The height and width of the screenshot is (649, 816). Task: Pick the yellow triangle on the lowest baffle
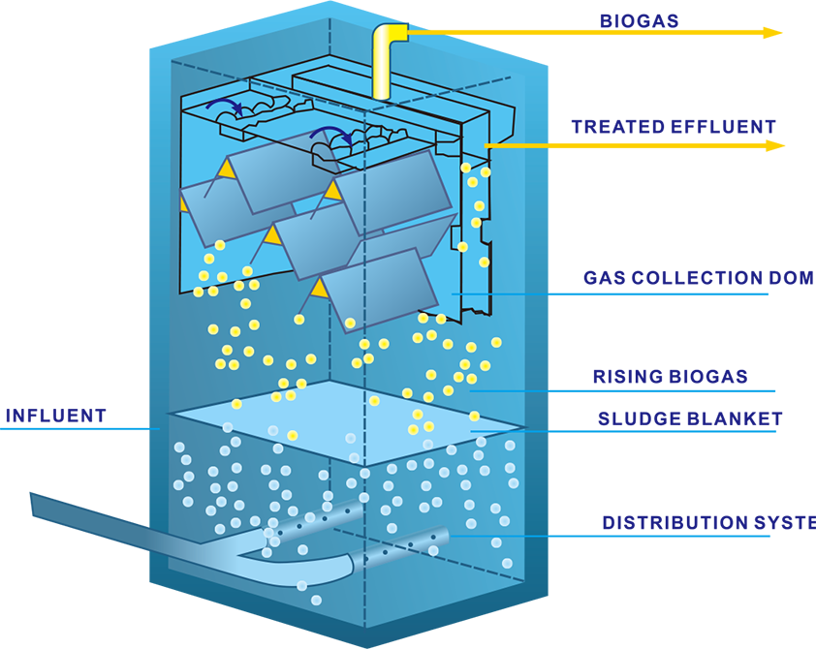317,288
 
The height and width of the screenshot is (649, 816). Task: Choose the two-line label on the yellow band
678,108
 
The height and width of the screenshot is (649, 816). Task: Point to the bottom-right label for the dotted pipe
683,504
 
